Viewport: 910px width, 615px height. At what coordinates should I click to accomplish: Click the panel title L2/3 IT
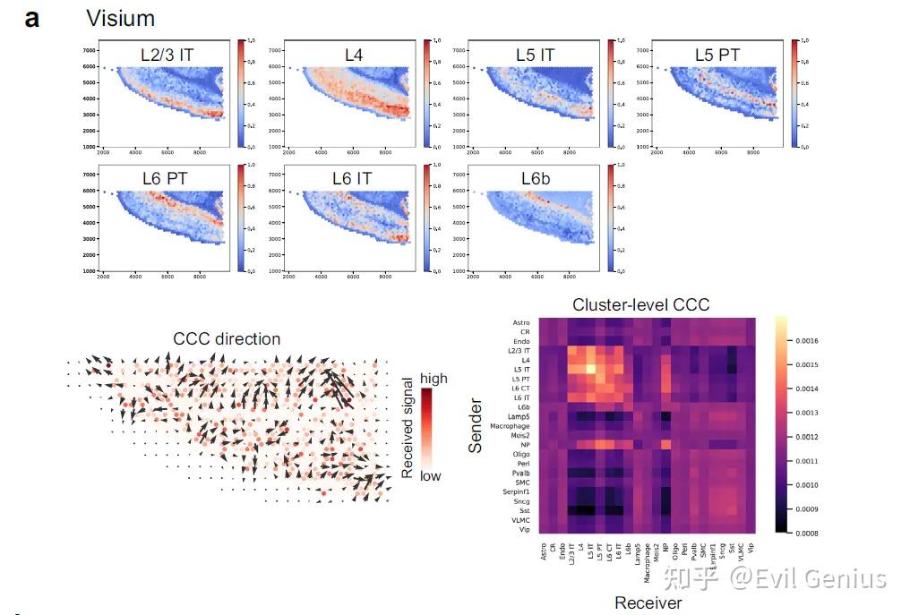click(167, 55)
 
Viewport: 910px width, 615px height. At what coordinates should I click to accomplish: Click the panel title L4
click(355, 55)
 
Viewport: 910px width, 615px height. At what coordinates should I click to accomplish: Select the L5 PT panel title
click(717, 55)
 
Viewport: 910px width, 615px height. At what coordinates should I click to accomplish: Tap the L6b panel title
click(536, 179)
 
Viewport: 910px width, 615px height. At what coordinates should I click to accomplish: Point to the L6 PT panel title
click(165, 179)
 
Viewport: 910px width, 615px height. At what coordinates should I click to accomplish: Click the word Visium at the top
click(119, 18)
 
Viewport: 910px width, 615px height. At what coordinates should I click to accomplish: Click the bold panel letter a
click(32, 18)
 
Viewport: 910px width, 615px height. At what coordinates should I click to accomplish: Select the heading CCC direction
click(227, 339)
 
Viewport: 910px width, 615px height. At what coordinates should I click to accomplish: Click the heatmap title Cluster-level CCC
click(641, 305)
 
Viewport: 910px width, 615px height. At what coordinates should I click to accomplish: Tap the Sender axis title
click(476, 426)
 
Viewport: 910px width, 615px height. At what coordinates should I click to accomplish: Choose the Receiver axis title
click(648, 602)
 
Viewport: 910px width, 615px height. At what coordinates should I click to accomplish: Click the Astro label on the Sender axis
click(520, 322)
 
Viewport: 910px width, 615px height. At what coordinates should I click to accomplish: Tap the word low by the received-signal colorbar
click(430, 476)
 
